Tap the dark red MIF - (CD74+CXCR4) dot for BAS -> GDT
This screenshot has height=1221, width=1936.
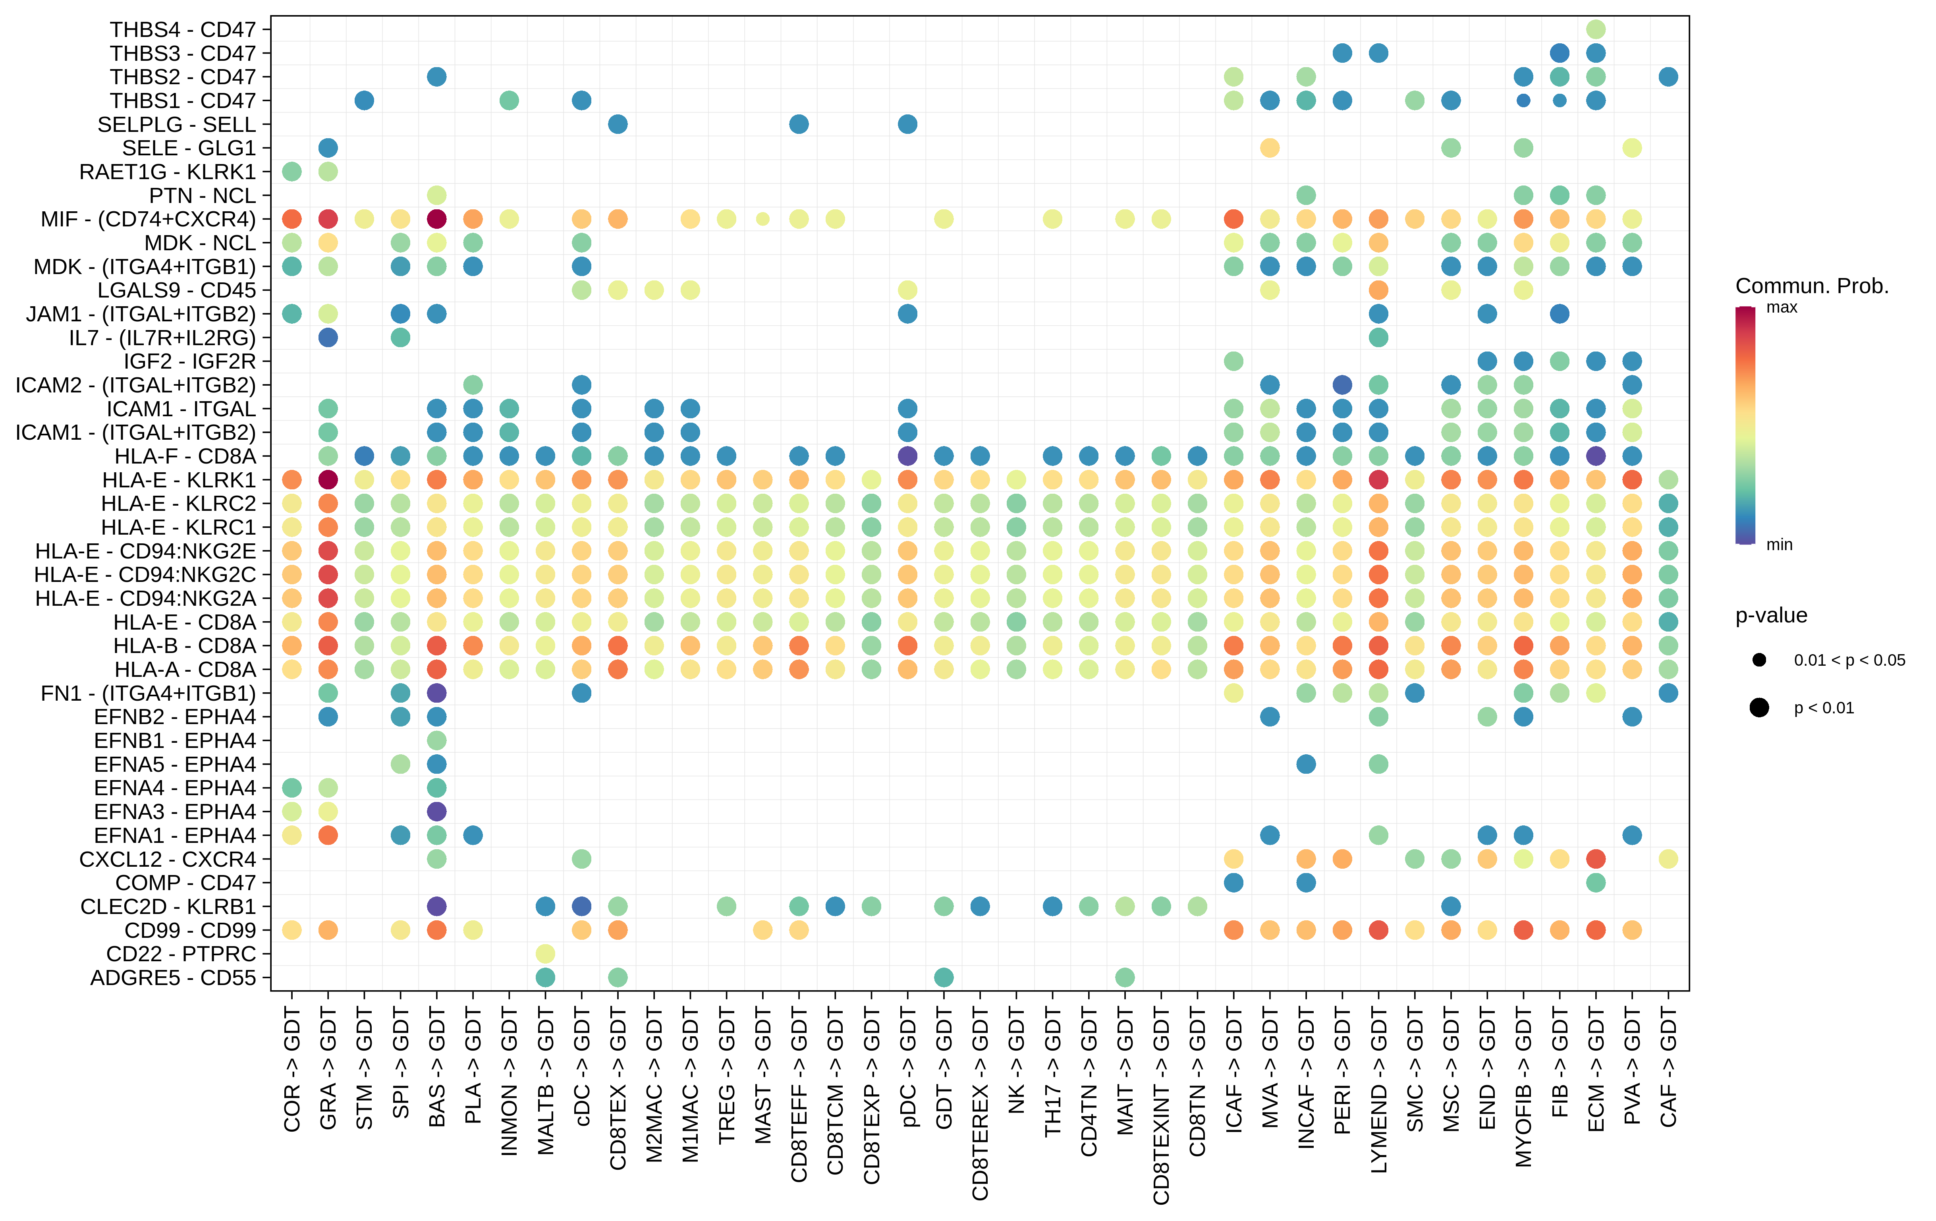pos(436,219)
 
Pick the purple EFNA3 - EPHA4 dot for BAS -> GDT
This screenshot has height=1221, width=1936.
pos(436,811)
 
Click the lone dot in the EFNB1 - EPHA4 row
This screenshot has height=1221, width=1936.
pos(436,740)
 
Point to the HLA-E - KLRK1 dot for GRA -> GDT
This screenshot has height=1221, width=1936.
pos(328,480)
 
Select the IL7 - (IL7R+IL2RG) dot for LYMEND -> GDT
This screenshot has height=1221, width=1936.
pos(1378,338)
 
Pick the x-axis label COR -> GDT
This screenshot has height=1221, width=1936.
pos(292,1070)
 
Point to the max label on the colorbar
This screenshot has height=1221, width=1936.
pos(1782,307)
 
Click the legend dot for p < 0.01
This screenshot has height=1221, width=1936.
pos(1759,708)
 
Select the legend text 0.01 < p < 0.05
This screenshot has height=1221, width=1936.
pos(1849,661)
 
